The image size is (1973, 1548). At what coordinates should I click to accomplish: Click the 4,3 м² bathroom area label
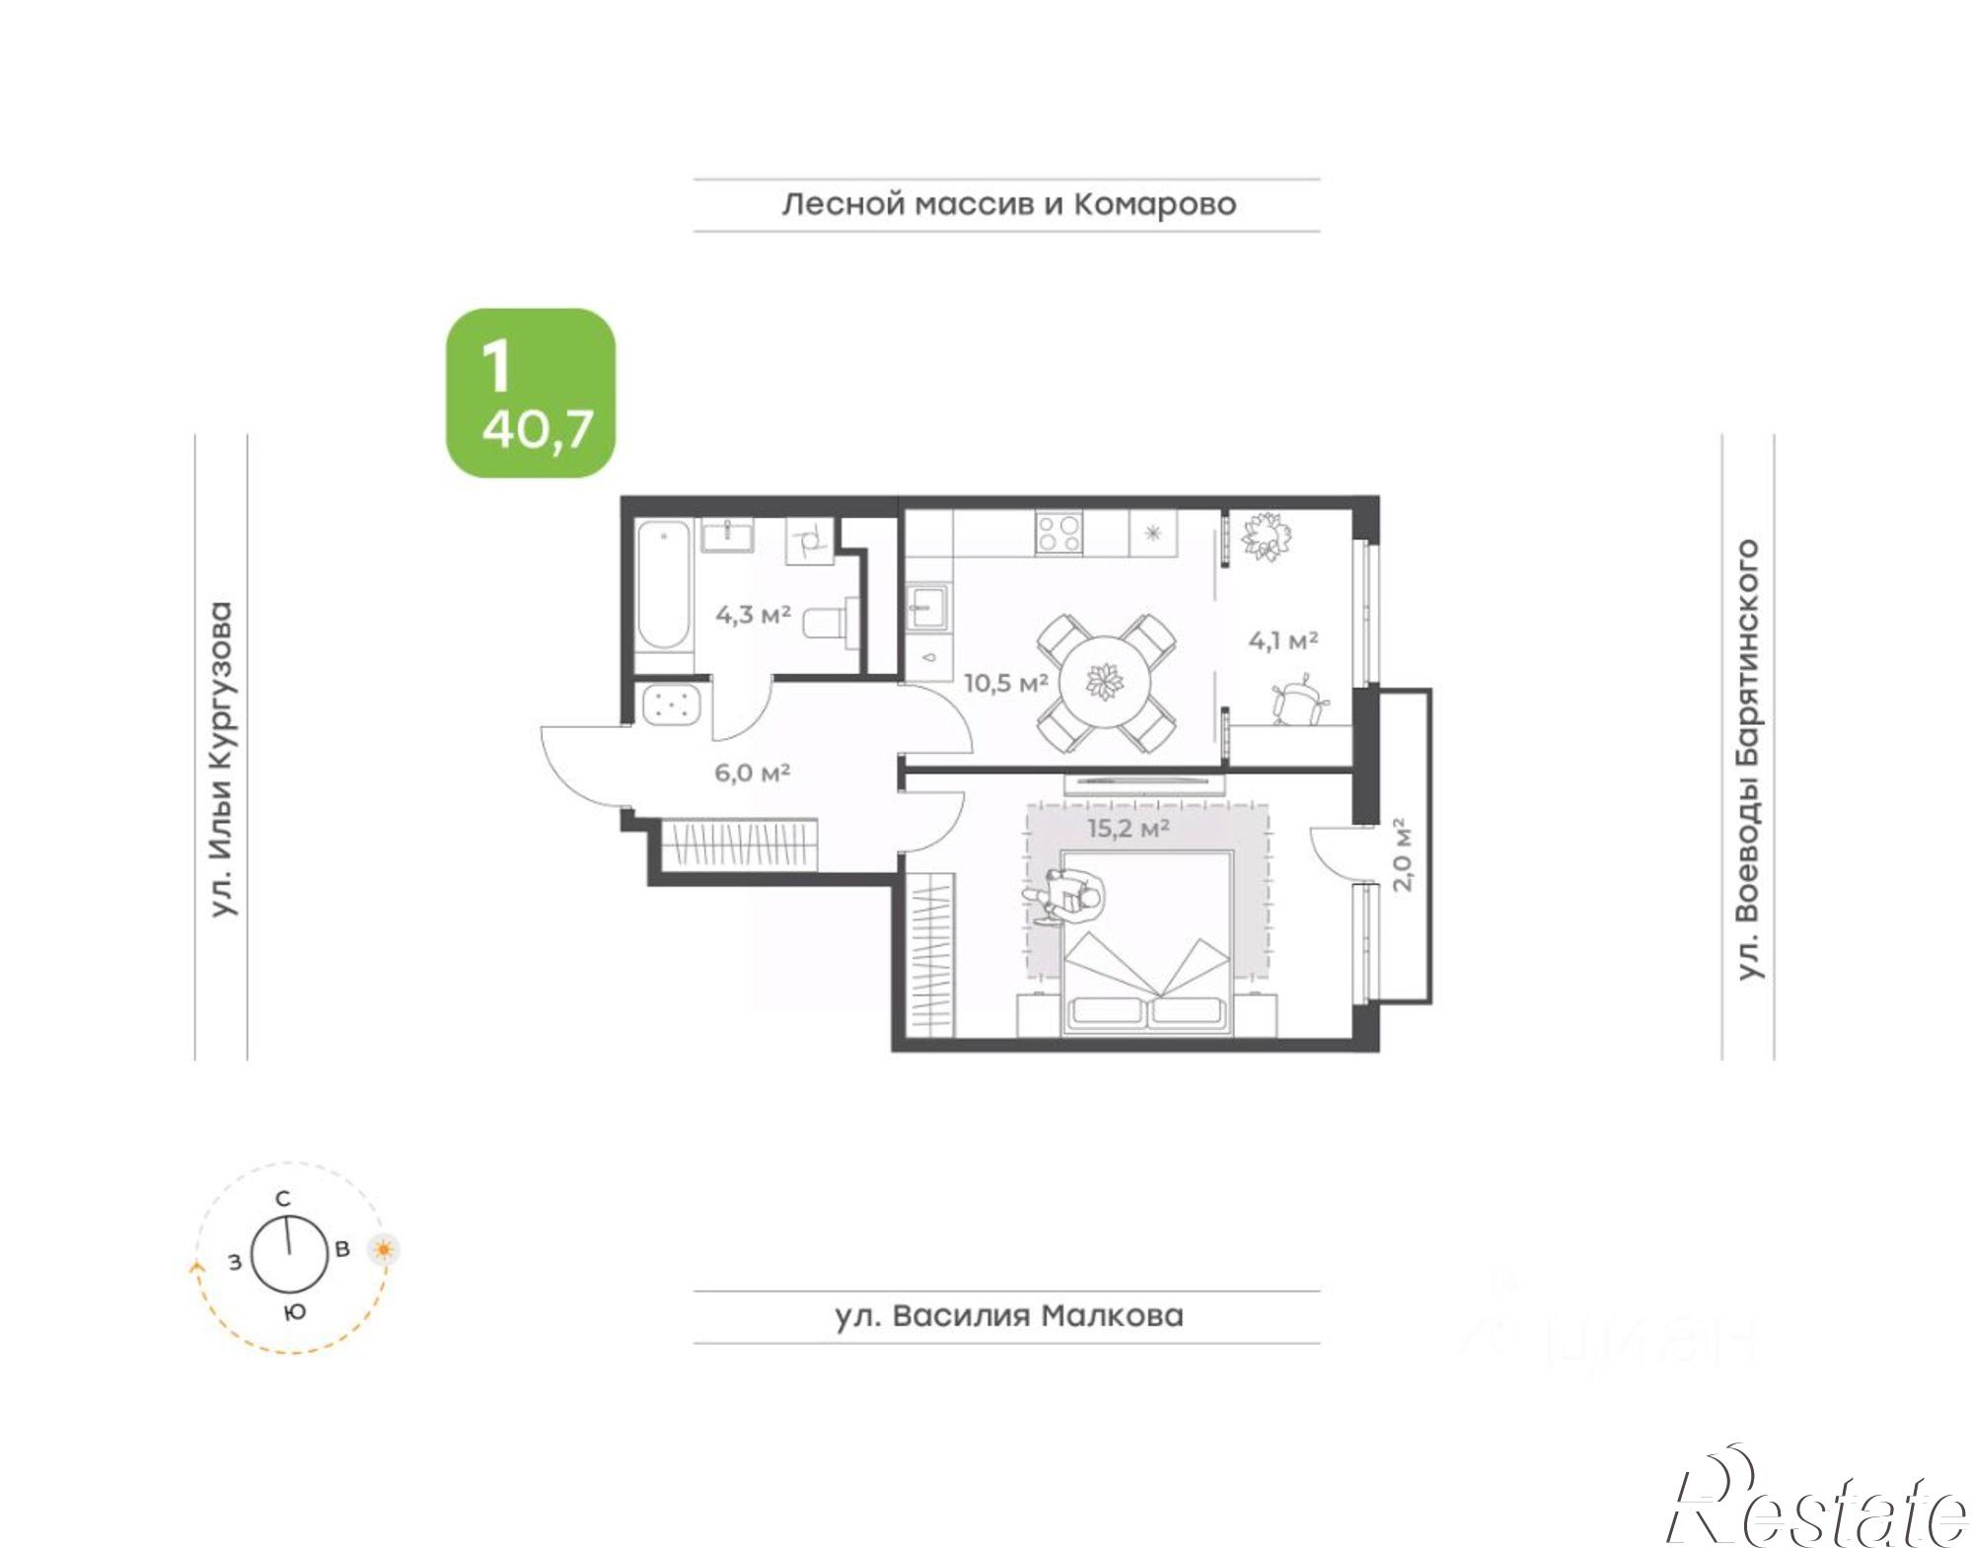coord(753,615)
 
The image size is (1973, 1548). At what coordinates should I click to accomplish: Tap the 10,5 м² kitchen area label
coord(1005,683)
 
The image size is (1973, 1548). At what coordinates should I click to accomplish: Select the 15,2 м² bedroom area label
coord(1129,828)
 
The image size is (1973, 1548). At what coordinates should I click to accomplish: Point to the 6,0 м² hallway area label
coord(752,773)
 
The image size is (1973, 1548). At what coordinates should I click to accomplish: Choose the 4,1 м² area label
coord(1283,640)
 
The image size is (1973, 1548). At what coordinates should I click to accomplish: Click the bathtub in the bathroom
coord(663,584)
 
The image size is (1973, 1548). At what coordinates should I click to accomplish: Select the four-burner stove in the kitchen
coord(1058,533)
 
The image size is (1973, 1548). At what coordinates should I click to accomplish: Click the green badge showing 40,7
coord(531,393)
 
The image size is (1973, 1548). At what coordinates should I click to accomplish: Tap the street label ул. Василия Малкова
coord(1008,1316)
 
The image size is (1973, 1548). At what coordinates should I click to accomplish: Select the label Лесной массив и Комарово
coord(1008,204)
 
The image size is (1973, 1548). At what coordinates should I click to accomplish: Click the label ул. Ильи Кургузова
coord(223,759)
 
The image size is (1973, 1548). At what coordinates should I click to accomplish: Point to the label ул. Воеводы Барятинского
coord(1748,759)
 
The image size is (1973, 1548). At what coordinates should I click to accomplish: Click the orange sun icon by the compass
coord(384,1250)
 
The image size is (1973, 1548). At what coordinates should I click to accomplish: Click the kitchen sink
coord(928,606)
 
